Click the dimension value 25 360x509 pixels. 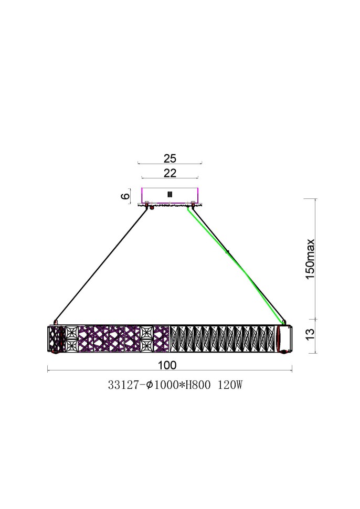pos(170,158)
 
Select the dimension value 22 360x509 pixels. pos(170,173)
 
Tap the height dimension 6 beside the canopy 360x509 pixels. pos(125,196)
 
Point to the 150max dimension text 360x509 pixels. pos(310,258)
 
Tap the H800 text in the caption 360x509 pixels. pos(197,385)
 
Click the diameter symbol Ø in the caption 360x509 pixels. pos(150,385)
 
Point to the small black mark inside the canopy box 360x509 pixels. pos(170,195)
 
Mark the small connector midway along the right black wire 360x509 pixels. pos(227,252)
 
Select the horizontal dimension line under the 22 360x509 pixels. pos(170,178)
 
